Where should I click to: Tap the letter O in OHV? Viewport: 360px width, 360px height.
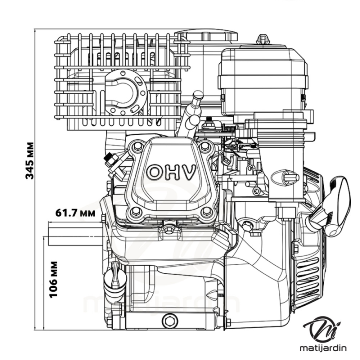154,172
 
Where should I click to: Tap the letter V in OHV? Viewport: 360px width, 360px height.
188,172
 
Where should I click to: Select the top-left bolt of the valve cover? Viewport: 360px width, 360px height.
136,148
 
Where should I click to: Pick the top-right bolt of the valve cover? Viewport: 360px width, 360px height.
205,147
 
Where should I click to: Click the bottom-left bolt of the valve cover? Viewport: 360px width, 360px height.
133,213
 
